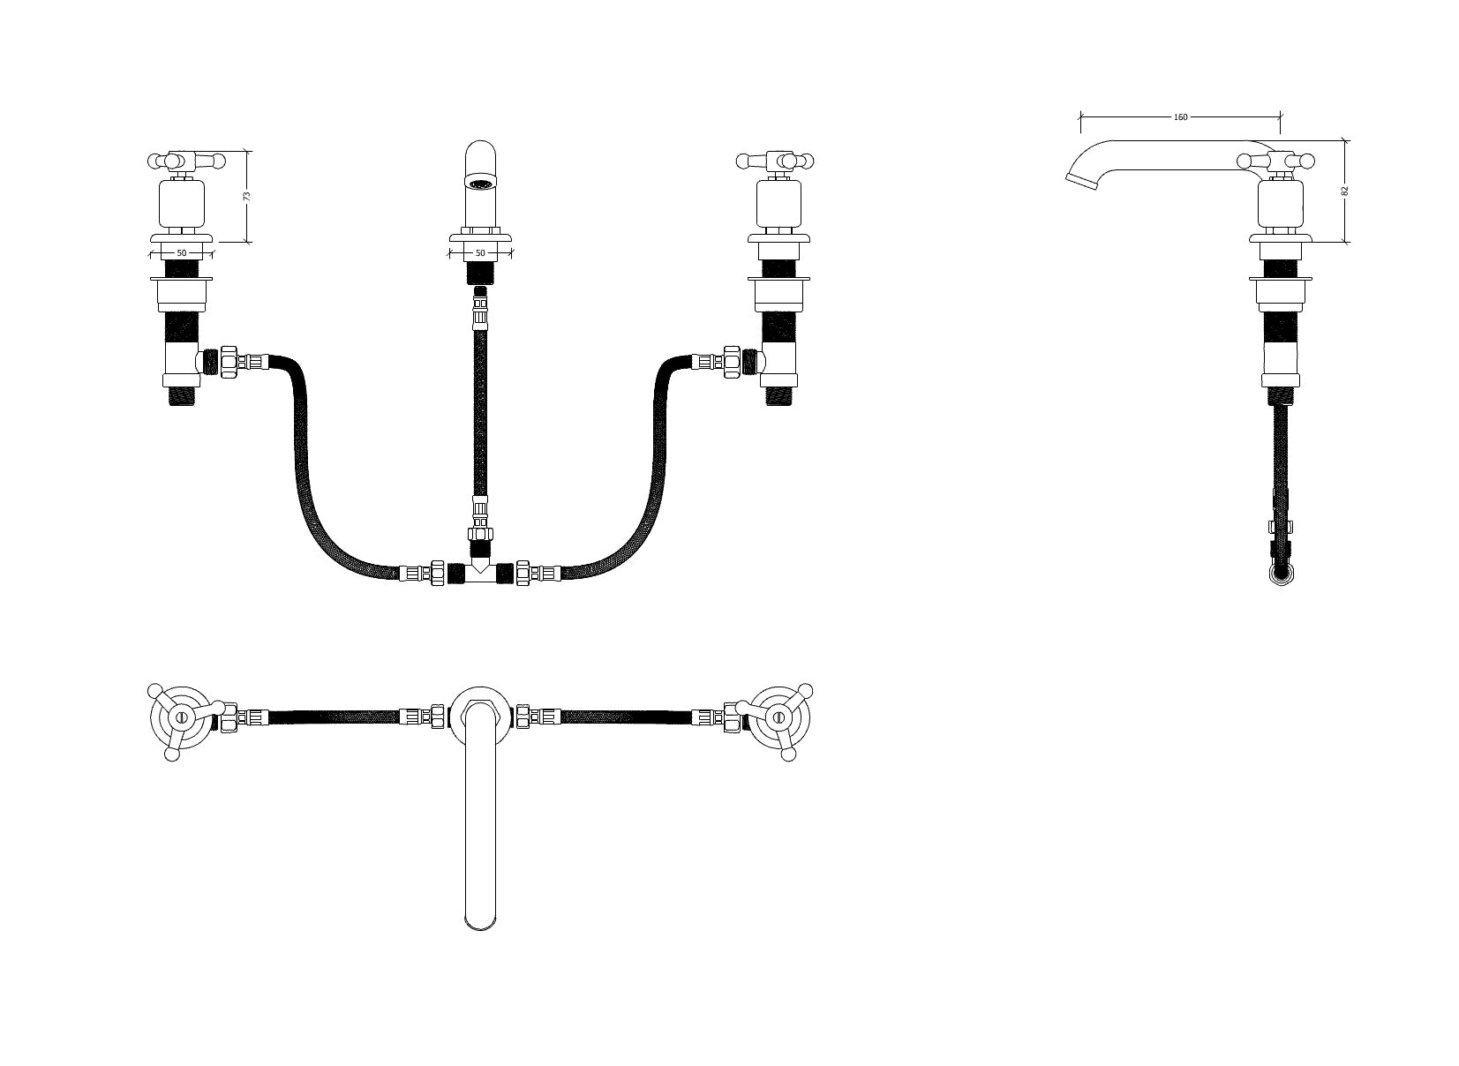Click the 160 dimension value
(x=1180, y=116)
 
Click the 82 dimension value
(x=1345, y=190)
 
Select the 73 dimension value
(x=247, y=195)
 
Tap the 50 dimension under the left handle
(x=182, y=253)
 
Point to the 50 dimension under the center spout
(x=480, y=253)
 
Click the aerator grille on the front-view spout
(x=481, y=185)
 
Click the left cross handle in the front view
(x=185, y=161)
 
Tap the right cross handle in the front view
(x=777, y=161)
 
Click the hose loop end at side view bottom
(x=1281, y=575)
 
